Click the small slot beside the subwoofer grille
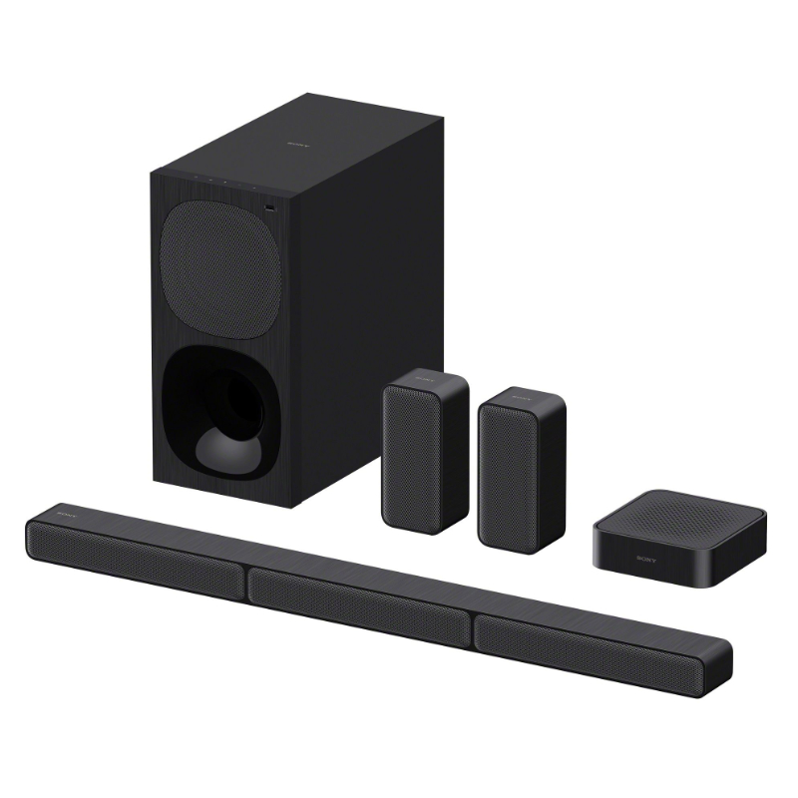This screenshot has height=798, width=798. coord(272,207)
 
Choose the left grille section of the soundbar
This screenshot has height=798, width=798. coord(135,554)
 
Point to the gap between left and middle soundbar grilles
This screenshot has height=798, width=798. coord(246,577)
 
